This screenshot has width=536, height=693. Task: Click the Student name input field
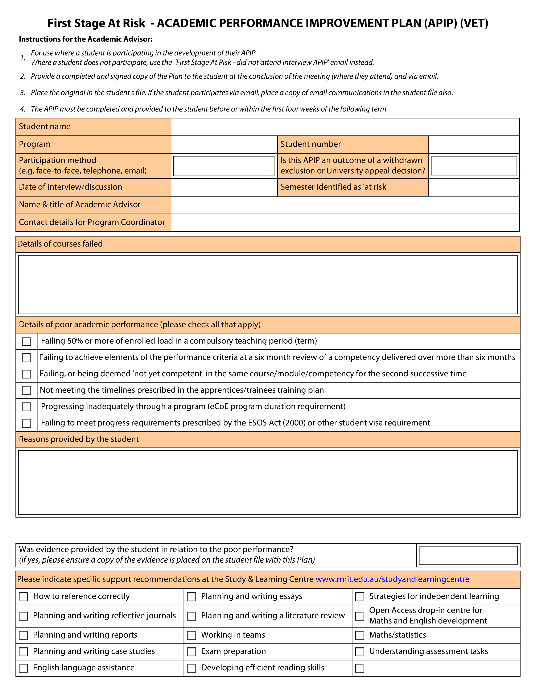coord(345,127)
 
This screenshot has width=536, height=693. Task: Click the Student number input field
coord(474,145)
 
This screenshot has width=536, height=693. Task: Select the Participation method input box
coord(224,166)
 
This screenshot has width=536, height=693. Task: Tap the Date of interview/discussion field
coord(224,187)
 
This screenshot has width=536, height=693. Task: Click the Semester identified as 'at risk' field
coord(474,187)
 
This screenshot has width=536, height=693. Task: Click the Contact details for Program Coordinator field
coord(345,222)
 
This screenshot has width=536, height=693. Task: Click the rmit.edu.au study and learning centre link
coord(392,579)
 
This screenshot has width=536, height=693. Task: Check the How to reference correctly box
coord(24,597)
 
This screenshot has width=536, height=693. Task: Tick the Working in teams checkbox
coord(191,636)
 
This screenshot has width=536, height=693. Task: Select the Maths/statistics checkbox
coord(359,636)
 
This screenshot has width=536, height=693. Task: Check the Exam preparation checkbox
coord(191,652)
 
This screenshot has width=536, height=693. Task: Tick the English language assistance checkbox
coord(24,668)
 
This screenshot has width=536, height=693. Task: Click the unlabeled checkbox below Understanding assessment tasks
coord(359,668)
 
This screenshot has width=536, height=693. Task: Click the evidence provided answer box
coord(468,555)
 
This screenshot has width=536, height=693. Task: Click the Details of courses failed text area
coord(268,285)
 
